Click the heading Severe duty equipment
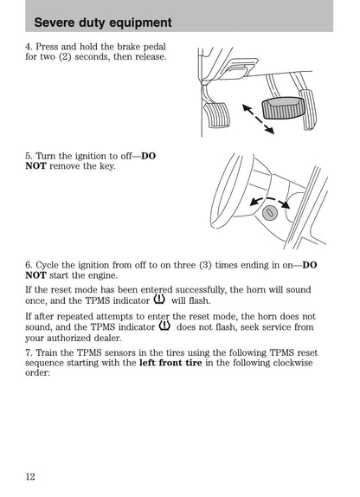pos(103,23)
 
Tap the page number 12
pos(30,476)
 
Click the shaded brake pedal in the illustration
pos(283,108)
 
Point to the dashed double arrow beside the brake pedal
pos(258,119)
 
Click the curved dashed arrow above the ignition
pos(270,200)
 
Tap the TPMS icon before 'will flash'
pos(159,299)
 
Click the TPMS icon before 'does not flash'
pos(164,326)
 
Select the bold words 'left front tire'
pos(170,363)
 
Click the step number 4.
pos(29,47)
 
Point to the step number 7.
pos(29,352)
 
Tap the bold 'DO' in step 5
pos(148,156)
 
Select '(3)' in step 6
pos(205,265)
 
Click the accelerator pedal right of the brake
pos(308,109)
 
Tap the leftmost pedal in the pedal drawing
pos(217,115)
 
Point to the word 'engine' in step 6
pos(103,275)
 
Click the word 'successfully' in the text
pos(201,290)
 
